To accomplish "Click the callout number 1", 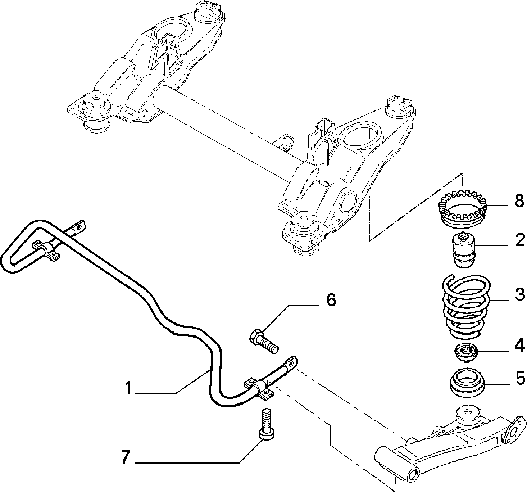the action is click(129, 388).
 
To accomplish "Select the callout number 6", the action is click(331, 300).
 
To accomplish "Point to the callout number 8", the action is click(519, 201).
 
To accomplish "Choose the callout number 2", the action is click(520, 240).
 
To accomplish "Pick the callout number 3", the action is click(519, 294).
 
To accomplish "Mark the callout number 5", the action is click(520, 378).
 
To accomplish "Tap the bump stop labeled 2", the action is click(464, 250).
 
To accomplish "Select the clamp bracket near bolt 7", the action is click(259, 390).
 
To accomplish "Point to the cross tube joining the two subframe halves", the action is click(228, 135).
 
